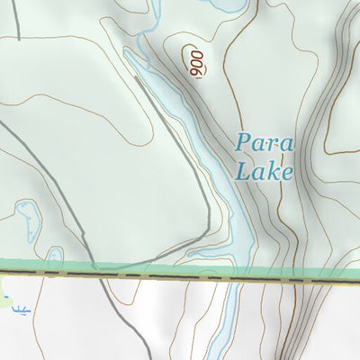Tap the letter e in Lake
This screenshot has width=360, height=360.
coord(287,172)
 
